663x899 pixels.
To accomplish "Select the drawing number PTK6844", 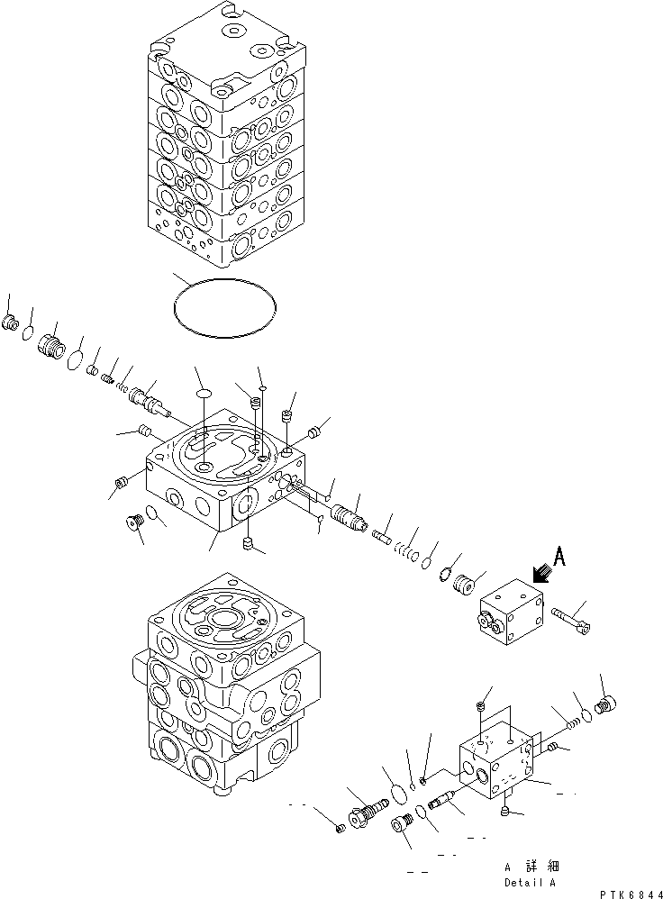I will tap(624, 891).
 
